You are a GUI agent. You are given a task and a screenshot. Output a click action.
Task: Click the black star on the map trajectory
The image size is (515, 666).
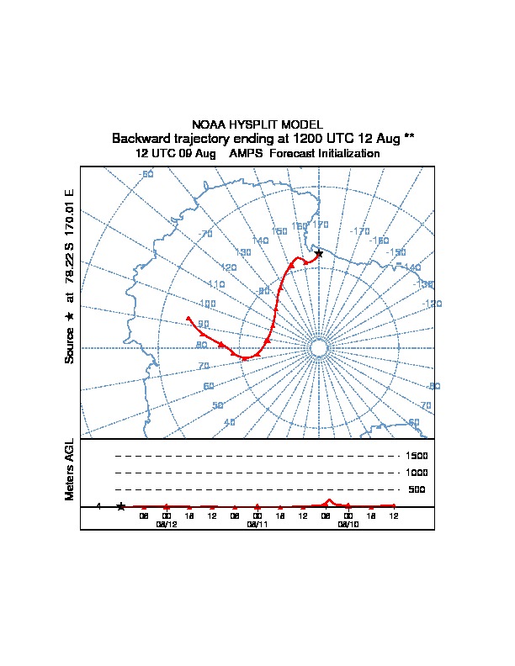pyautogui.click(x=318, y=253)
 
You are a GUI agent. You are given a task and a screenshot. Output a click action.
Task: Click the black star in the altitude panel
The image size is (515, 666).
pyautogui.click(x=121, y=506)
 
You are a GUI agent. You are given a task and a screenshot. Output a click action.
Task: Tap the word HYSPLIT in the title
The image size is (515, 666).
pyautogui.click(x=252, y=124)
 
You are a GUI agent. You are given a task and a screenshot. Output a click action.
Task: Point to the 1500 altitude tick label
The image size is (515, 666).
pyautogui.click(x=417, y=456)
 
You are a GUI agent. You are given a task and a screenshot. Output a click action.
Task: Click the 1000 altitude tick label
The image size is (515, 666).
pyautogui.click(x=417, y=473)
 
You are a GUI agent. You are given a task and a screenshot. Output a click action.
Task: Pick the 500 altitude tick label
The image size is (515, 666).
pyautogui.click(x=417, y=489)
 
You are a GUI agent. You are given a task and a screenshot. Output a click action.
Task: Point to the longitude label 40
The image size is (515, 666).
pyautogui.click(x=230, y=423)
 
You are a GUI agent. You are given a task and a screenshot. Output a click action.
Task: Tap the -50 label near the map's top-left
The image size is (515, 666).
pyautogui.click(x=146, y=174)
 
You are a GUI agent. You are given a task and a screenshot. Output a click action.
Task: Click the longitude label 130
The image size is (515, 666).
pyautogui.click(x=244, y=252)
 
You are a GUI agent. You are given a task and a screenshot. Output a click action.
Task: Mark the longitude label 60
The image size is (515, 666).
pyautogui.click(x=209, y=387)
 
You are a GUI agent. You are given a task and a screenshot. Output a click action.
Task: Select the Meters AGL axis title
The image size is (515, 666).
pyautogui.click(x=70, y=469)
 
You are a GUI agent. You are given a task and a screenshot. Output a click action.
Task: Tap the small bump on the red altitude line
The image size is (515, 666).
pyautogui.click(x=329, y=501)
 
